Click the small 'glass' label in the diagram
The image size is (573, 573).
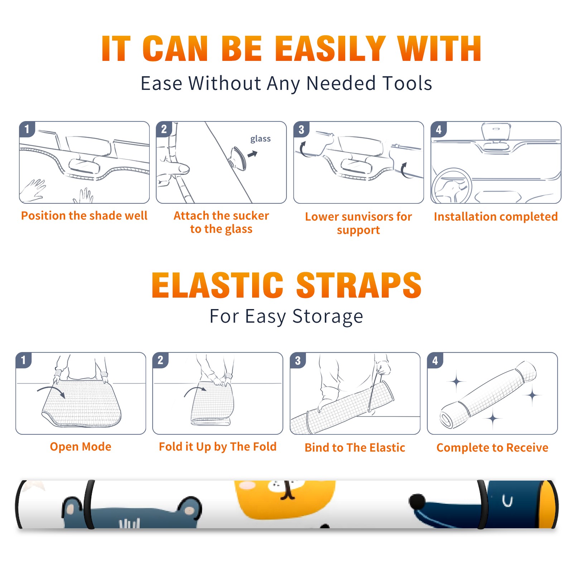click(x=260, y=139)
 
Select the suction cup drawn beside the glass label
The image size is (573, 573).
click(x=238, y=158)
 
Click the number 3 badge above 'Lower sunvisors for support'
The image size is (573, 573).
click(x=301, y=130)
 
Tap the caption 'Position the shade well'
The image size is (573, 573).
click(x=84, y=216)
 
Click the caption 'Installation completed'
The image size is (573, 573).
click(x=496, y=217)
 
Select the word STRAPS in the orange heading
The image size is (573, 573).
click(x=359, y=285)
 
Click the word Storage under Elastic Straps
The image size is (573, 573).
click(x=328, y=317)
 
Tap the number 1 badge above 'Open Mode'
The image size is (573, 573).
click(x=24, y=360)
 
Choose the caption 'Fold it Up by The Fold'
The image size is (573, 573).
click(x=218, y=447)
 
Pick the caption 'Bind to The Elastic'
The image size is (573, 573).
click(x=355, y=448)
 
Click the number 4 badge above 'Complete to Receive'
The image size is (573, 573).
click(x=435, y=360)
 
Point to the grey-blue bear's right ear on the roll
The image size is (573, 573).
click(x=189, y=508)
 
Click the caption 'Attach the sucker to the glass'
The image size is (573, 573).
click(x=221, y=222)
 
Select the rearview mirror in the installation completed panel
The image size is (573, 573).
click(x=496, y=131)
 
